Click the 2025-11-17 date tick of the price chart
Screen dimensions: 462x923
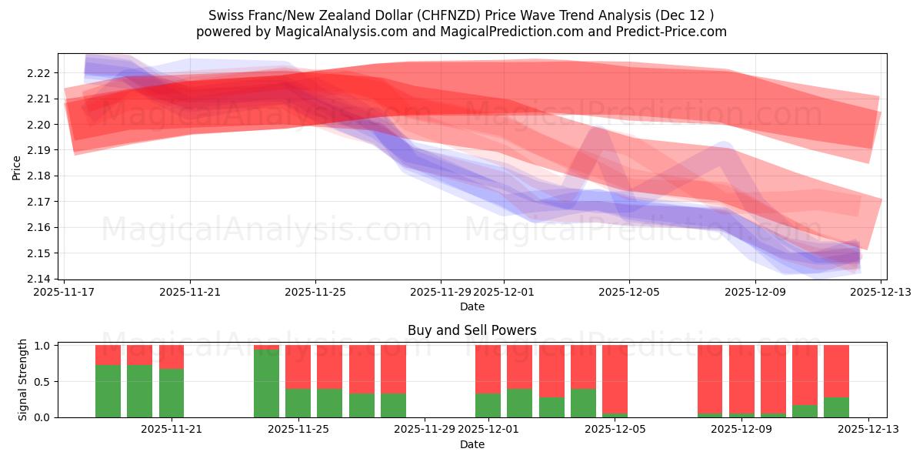click(65, 292)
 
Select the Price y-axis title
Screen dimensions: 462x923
click(17, 166)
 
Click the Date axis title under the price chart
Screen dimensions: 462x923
click(471, 306)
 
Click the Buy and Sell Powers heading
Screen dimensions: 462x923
click(471, 330)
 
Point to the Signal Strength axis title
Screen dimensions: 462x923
click(23, 380)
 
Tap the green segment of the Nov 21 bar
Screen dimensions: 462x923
click(172, 393)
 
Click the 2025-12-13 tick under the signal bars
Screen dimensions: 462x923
click(868, 429)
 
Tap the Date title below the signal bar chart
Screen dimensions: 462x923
click(471, 444)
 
